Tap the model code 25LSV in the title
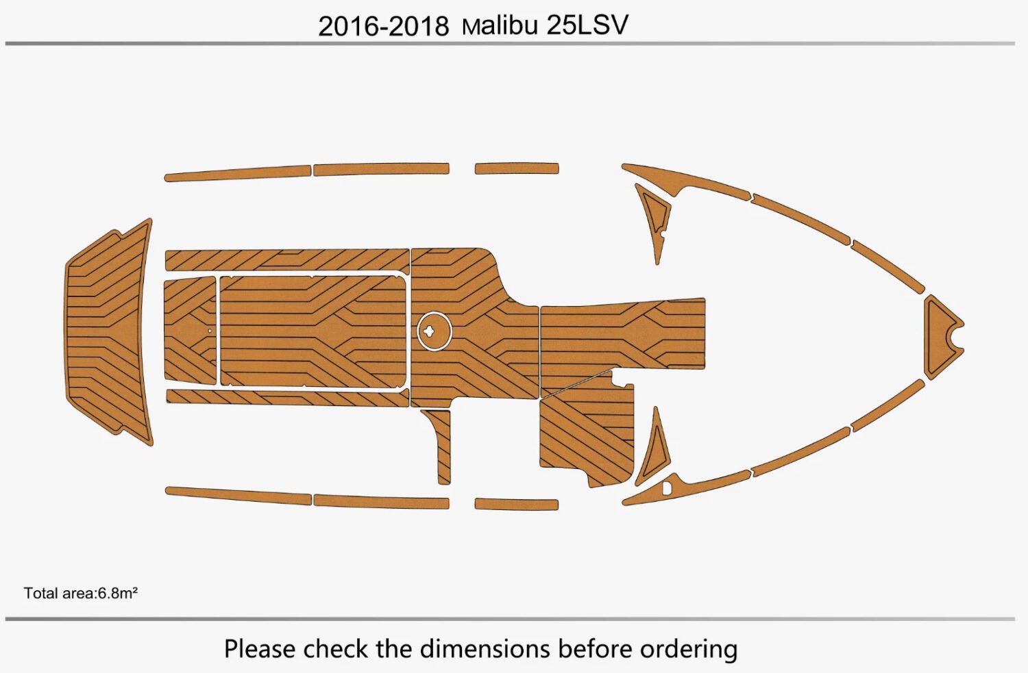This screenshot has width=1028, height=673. tap(587, 25)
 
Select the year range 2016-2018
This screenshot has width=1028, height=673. tap(383, 26)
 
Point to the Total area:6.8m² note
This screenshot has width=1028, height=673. tap(81, 593)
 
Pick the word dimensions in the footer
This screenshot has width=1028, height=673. tap(485, 648)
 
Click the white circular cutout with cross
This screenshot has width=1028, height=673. tap(435, 331)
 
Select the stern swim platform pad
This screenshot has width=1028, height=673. tap(108, 332)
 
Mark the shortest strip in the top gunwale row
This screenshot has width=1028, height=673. tap(517, 168)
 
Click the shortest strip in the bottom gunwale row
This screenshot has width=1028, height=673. tap(517, 505)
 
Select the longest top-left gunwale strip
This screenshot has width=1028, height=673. tap(238, 174)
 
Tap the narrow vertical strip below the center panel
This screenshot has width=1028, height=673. tap(443, 445)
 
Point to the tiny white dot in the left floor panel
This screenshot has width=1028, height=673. tap(210, 331)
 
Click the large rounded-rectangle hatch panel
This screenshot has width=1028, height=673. tap(312, 331)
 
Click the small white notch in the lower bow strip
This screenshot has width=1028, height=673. tap(667, 488)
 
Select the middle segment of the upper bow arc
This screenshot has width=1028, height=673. tap(801, 218)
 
